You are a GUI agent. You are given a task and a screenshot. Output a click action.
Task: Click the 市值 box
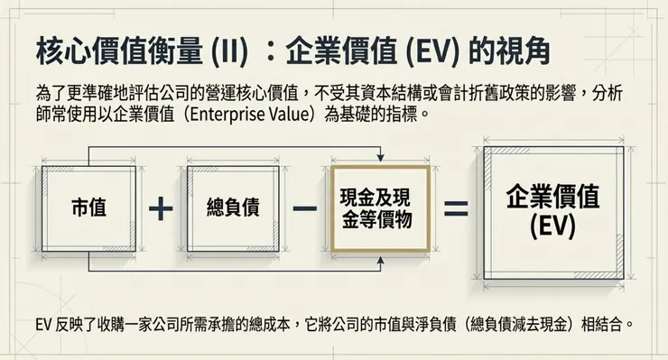(88, 208)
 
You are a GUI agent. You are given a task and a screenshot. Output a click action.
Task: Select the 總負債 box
(233, 208)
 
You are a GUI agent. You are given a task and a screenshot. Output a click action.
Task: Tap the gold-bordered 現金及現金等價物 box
(376, 208)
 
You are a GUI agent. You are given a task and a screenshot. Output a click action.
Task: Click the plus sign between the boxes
(161, 208)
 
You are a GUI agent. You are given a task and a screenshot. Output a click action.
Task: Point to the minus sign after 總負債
(305, 208)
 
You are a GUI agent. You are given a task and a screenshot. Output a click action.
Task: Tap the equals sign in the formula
(456, 208)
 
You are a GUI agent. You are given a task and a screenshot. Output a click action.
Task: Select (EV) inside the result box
(552, 226)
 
